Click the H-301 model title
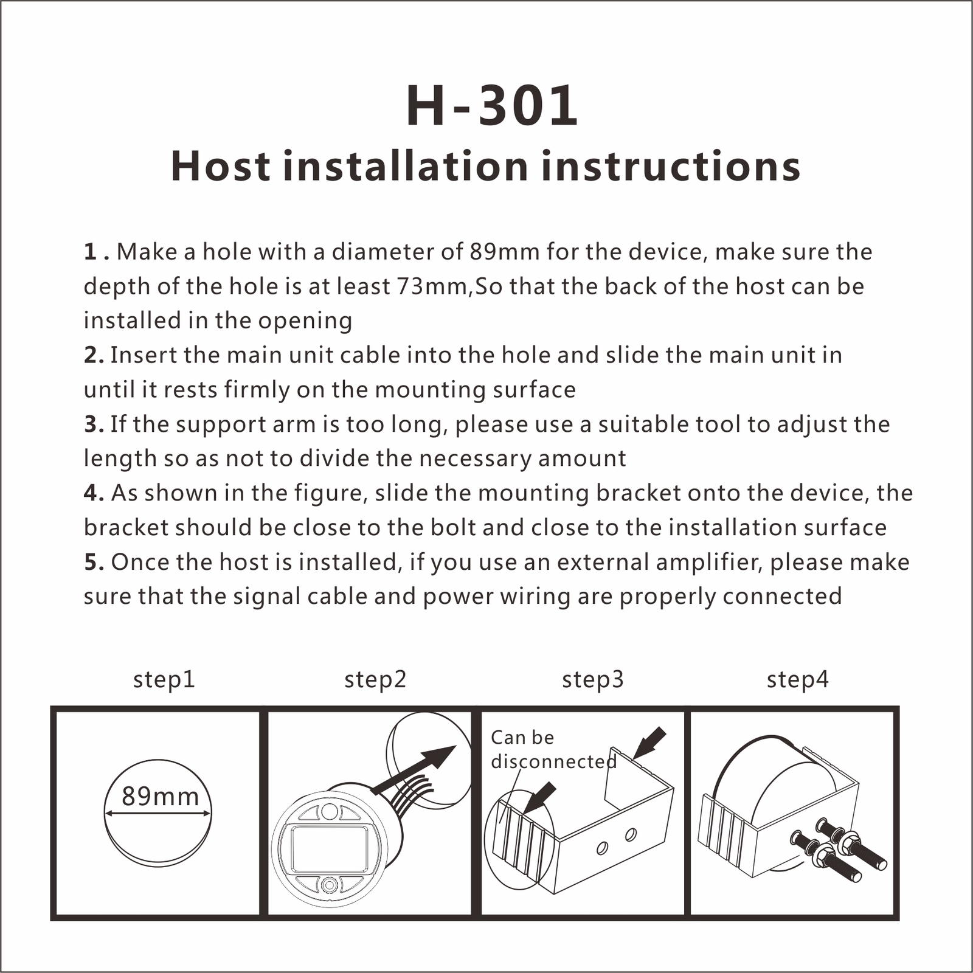tap(491, 106)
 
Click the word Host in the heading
tap(221, 166)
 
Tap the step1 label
tap(164, 680)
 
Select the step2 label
tap(375, 680)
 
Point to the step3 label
tap(593, 680)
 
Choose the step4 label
tap(797, 680)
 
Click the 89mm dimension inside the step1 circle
tap(160, 796)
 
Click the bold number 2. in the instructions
tap(94, 355)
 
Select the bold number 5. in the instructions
tap(94, 563)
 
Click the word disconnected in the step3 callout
tap(553, 761)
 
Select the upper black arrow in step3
tap(649, 743)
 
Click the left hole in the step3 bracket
tap(602, 848)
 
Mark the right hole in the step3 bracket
tap(631, 834)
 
